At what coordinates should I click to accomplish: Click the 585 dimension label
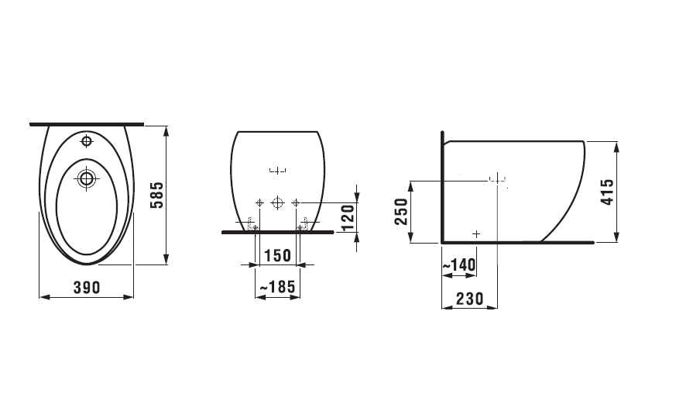pyautogui.click(x=157, y=195)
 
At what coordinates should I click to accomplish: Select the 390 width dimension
pyautogui.click(x=87, y=288)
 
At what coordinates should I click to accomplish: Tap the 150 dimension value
pyautogui.click(x=277, y=255)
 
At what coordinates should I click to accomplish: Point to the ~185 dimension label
pyautogui.click(x=278, y=287)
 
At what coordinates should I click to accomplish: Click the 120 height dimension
pyautogui.click(x=348, y=217)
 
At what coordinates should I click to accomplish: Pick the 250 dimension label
pyautogui.click(x=401, y=212)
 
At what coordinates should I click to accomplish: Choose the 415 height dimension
pyautogui.click(x=607, y=192)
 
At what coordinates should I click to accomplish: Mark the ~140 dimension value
pyautogui.click(x=459, y=265)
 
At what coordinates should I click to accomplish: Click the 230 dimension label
pyautogui.click(x=470, y=299)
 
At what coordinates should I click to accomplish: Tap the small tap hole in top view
pyautogui.click(x=87, y=140)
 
